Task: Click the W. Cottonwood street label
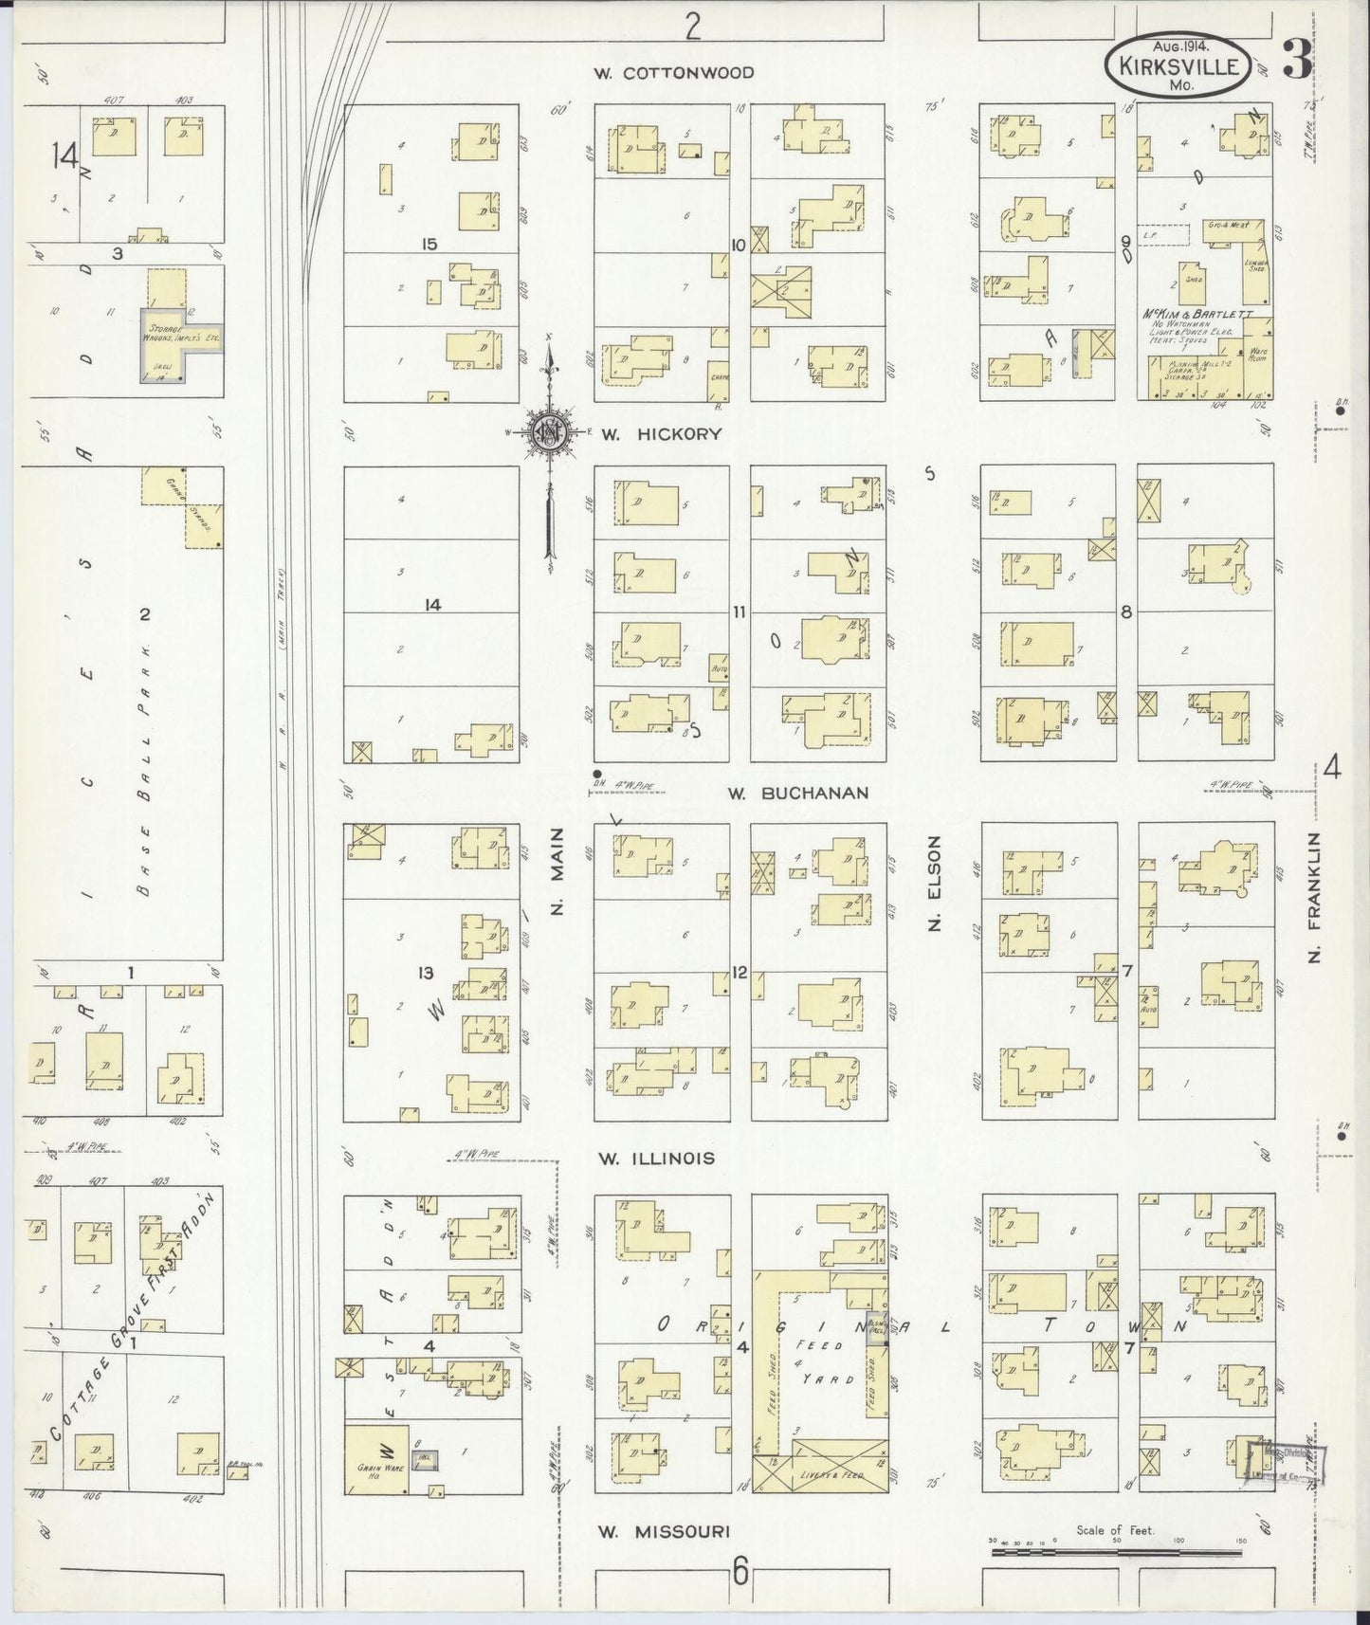pos(674,73)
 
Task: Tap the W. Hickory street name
pos(661,434)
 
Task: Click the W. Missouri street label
pos(665,1531)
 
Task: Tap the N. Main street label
pos(558,871)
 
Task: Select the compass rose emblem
pos(548,434)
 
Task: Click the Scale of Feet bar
pos(1116,1553)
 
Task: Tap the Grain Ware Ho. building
pos(375,1459)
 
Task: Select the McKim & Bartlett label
pos(1197,314)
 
